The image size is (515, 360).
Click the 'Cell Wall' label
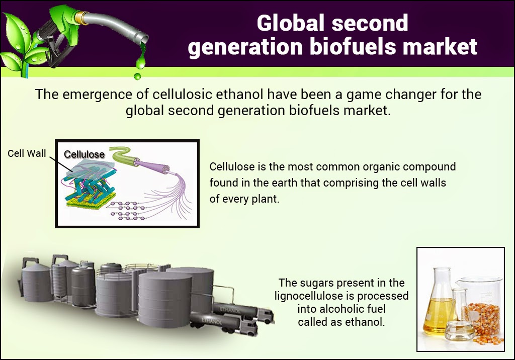pyautogui.click(x=27, y=153)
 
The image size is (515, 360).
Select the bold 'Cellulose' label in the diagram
pyautogui.click(x=84, y=154)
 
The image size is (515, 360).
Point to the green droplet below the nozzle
pyautogui.click(x=137, y=75)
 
